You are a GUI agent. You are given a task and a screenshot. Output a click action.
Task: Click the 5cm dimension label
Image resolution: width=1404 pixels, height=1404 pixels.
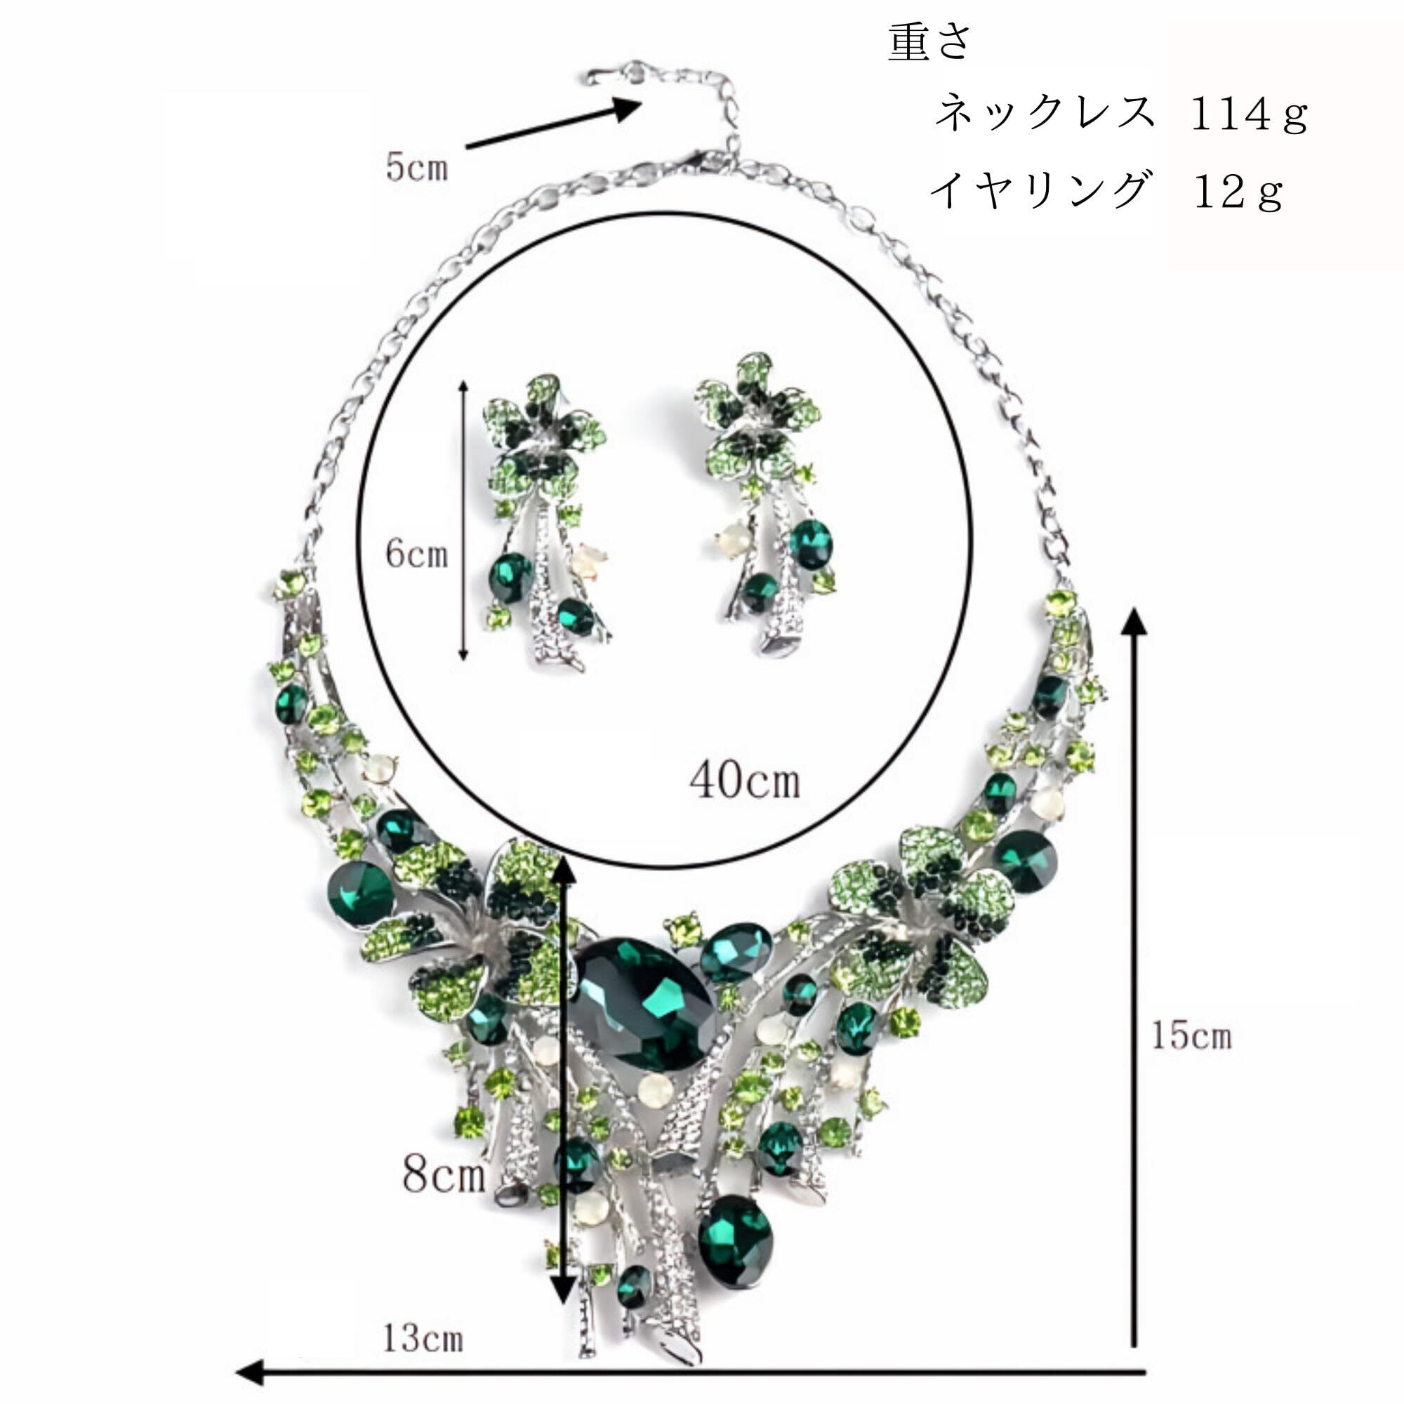416,168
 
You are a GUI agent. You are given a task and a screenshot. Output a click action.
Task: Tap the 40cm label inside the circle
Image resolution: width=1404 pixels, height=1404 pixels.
745,782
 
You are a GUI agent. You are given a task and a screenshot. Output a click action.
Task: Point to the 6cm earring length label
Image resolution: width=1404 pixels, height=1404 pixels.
416,555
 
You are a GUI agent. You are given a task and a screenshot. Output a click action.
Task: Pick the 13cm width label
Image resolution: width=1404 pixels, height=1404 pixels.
422,1318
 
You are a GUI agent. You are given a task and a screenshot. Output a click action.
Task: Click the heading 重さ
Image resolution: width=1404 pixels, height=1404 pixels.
929,42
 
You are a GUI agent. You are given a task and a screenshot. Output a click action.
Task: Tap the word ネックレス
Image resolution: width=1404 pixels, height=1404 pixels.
1044,113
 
